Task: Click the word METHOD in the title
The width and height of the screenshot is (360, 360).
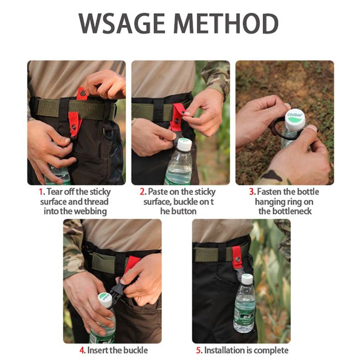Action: point(227,24)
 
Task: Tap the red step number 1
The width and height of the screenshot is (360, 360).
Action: point(41,192)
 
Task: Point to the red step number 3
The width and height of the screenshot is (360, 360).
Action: point(252,192)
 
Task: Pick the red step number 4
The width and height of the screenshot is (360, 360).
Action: point(82,351)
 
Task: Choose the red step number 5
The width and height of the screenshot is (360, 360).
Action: point(198,351)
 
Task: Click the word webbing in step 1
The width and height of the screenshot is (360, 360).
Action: point(90,211)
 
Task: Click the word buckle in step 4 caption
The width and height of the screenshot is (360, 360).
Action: point(135,351)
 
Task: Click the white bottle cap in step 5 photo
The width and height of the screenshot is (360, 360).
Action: point(247,279)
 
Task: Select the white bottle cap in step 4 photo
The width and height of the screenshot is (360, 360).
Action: point(105,300)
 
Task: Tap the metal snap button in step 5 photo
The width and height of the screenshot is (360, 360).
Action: point(238,260)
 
